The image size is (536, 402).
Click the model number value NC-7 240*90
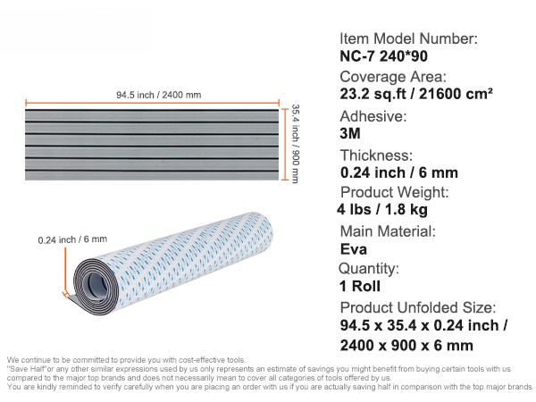383,56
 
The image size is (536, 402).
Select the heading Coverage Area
393,77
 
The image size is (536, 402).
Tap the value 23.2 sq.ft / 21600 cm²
416,94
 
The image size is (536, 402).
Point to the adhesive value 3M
350,133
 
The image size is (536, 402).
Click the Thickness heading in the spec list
377,155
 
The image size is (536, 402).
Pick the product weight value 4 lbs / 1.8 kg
382,210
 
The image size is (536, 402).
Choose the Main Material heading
388,231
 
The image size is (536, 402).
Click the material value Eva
354,249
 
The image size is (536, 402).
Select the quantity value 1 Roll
360,286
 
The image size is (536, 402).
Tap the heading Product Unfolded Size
418,307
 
